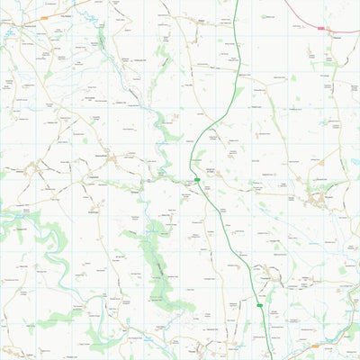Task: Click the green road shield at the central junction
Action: [196, 179]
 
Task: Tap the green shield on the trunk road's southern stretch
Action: [259, 305]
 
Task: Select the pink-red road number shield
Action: [320, 28]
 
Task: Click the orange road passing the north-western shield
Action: [63, 10]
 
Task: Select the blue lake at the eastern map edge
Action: [355, 162]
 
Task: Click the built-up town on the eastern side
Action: [318, 197]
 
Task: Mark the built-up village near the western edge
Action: [36, 166]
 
